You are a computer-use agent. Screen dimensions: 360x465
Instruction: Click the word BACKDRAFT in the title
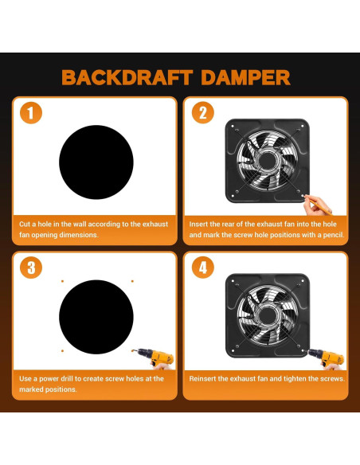click(x=127, y=78)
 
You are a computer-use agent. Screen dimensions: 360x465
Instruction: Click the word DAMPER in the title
click(x=245, y=78)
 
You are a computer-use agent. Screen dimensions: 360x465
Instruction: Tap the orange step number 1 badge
click(x=31, y=113)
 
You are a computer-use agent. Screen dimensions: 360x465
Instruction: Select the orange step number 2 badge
click(x=203, y=113)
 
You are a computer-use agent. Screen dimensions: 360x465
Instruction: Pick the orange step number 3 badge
click(x=31, y=268)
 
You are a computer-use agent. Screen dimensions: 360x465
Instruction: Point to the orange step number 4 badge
click(x=203, y=268)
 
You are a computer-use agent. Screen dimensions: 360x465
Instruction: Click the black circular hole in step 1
click(x=96, y=162)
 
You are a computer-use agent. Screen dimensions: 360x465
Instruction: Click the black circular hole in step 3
click(x=96, y=317)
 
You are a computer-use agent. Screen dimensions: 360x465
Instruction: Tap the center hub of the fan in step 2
click(x=268, y=160)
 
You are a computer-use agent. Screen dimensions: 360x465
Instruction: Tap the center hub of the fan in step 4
click(x=268, y=315)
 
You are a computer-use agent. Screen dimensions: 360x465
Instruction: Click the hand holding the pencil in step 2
click(x=315, y=205)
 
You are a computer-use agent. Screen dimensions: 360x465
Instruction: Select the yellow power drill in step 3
click(x=154, y=358)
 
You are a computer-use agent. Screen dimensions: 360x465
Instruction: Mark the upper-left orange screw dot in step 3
click(x=62, y=281)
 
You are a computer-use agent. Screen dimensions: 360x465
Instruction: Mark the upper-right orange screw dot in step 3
click(x=132, y=281)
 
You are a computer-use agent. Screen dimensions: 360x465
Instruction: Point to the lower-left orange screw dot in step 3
click(x=62, y=351)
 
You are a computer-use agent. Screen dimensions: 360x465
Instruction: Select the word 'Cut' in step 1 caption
click(x=25, y=225)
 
